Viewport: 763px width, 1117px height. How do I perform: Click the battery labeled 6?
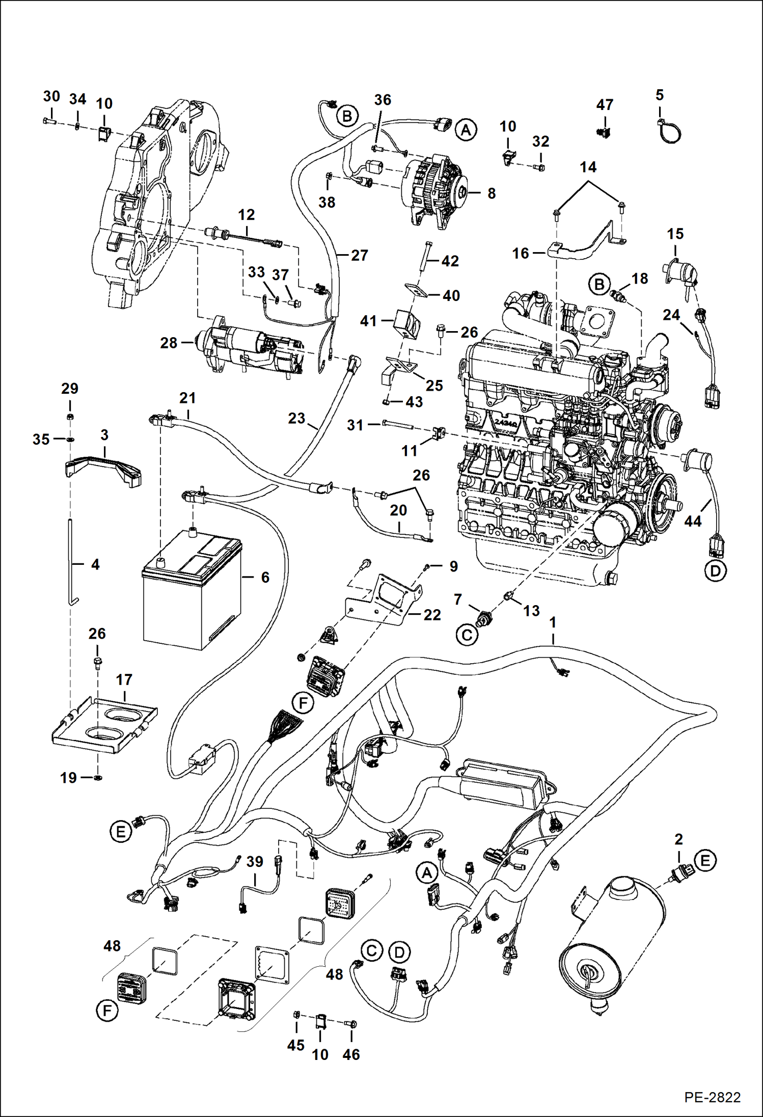pos(191,596)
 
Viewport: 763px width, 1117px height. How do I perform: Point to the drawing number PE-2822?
pos(712,1097)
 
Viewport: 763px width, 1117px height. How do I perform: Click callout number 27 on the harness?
pos(359,255)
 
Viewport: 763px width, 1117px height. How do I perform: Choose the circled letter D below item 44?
pos(715,571)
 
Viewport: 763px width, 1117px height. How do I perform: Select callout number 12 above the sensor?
pos(246,214)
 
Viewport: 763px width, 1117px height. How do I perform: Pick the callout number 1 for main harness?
pos(553,622)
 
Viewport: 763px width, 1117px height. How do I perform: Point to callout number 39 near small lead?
pos(255,861)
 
